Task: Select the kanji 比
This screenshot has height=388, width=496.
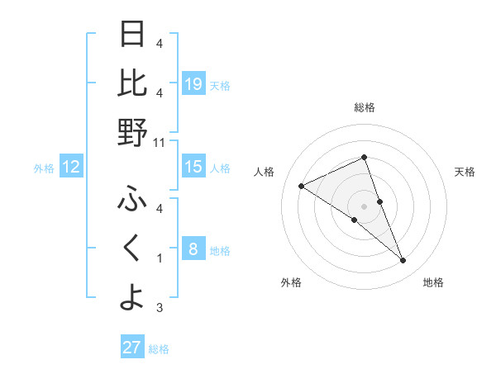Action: click(x=132, y=83)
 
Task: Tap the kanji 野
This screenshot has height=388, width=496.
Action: click(x=132, y=131)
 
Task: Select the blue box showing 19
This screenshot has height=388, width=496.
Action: click(x=193, y=83)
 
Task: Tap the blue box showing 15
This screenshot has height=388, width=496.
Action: click(x=193, y=167)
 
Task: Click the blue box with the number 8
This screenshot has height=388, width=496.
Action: click(x=193, y=248)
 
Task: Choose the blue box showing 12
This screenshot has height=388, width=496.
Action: click(x=71, y=167)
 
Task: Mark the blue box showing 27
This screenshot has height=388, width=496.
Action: click(x=132, y=348)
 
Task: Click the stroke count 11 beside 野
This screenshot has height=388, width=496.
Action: click(x=160, y=142)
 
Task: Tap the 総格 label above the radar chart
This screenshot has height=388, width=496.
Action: click(x=365, y=107)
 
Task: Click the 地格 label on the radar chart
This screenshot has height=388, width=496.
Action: click(x=433, y=283)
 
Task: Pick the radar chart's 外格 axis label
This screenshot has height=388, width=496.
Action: click(x=291, y=283)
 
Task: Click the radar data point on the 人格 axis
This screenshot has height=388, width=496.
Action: click(x=302, y=187)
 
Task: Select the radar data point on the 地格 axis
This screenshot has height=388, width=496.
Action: click(x=403, y=261)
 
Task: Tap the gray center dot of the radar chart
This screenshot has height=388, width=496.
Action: click(x=365, y=206)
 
